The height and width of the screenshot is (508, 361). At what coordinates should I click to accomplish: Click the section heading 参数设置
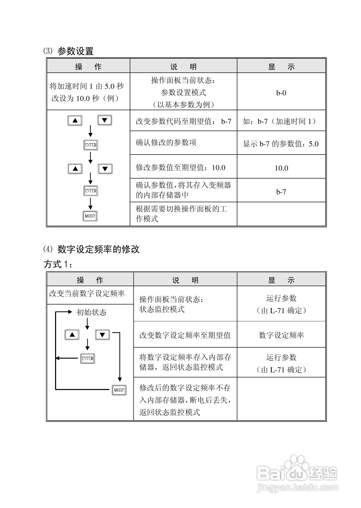(75, 51)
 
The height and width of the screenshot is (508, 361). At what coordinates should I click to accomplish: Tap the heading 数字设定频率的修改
(98, 249)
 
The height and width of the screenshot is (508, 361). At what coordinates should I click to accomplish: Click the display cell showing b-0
(281, 93)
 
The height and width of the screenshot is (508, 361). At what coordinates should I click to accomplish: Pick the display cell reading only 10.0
(281, 168)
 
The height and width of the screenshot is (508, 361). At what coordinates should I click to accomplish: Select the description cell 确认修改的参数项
(166, 143)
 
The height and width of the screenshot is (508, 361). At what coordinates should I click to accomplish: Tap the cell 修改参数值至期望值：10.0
(181, 168)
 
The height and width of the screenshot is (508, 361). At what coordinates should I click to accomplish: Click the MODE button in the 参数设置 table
(90, 216)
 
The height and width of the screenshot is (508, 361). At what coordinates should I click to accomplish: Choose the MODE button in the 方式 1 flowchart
(119, 390)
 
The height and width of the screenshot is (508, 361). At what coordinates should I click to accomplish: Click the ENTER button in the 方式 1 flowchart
(87, 358)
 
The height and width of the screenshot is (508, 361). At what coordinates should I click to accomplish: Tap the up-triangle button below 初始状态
(72, 335)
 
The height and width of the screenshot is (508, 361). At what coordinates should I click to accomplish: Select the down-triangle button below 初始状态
(102, 335)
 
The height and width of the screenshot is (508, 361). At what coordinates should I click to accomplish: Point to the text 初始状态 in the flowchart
(91, 312)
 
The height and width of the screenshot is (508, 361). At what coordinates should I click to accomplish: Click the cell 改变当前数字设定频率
(87, 294)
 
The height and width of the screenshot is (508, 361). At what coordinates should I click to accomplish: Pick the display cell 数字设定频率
(281, 335)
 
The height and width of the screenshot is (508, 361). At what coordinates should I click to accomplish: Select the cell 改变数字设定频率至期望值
(185, 335)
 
